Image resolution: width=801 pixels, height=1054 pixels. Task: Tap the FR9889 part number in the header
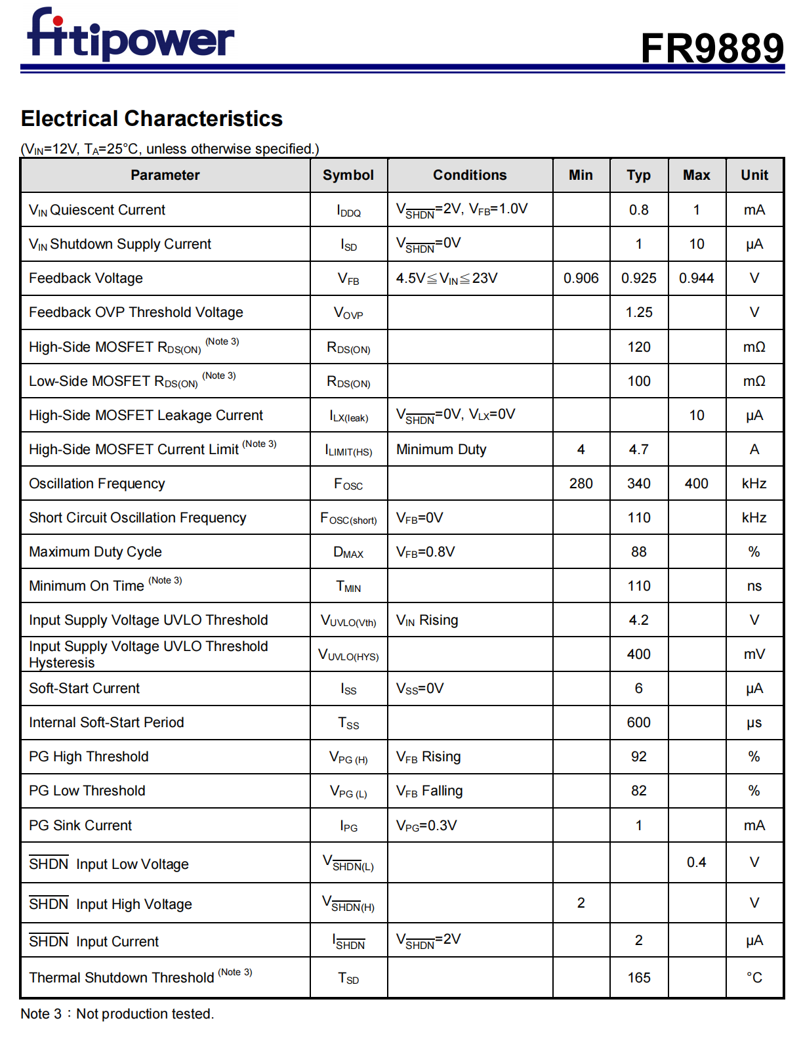(712, 48)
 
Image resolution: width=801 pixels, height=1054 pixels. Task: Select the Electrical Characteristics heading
(152, 119)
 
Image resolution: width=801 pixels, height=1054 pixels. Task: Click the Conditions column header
(470, 175)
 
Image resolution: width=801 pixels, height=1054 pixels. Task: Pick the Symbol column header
(348, 175)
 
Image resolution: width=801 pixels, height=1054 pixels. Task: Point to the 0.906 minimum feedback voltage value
(581, 278)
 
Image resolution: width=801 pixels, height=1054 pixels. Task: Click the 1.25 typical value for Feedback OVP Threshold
(638, 312)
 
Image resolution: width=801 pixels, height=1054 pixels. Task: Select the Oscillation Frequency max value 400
(696, 484)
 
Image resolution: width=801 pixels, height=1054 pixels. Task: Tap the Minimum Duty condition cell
(441, 450)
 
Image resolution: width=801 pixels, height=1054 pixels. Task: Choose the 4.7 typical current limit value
(638, 450)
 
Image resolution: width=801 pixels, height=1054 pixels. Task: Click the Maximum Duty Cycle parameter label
(95, 552)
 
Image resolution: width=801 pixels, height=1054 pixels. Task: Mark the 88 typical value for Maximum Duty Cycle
(638, 552)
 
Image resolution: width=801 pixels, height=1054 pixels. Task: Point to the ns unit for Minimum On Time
(754, 586)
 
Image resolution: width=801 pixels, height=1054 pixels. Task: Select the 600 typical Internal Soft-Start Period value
(638, 723)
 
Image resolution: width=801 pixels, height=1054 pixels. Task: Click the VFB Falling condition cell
(429, 791)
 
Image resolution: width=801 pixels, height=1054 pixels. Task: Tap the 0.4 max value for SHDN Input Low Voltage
(696, 862)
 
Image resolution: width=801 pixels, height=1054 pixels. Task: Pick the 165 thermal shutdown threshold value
(638, 978)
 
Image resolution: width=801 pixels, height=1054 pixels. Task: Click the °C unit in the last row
(754, 978)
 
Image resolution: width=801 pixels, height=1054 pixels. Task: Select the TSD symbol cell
(348, 978)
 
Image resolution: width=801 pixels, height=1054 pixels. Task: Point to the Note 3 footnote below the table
(117, 1014)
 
